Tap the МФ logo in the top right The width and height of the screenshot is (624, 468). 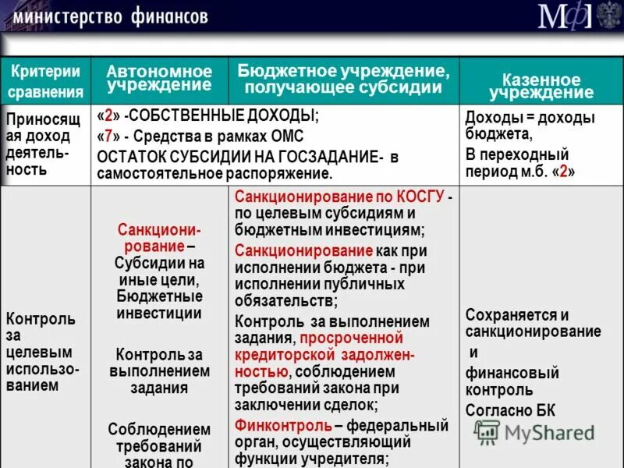(x=565, y=16)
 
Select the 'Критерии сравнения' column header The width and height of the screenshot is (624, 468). (x=45, y=81)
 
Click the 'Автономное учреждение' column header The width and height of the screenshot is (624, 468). (x=159, y=78)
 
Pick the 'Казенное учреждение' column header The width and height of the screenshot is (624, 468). (x=541, y=87)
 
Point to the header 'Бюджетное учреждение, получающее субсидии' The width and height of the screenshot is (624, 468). (x=343, y=78)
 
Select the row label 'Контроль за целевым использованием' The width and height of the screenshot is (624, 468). (x=42, y=352)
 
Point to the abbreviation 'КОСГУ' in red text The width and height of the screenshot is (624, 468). (x=417, y=196)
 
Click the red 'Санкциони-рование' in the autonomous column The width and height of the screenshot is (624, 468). (x=159, y=238)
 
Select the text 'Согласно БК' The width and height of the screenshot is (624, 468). (x=508, y=410)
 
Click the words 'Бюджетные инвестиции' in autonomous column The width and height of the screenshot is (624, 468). (x=159, y=304)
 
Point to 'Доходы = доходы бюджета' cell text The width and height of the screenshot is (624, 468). (x=529, y=126)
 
